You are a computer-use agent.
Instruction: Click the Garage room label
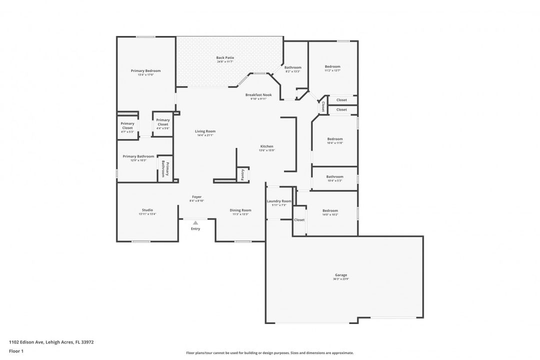340,275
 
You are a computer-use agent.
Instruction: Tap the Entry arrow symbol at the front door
195,222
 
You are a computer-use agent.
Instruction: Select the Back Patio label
225,57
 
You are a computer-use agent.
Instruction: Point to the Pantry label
242,174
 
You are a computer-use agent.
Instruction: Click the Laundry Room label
279,201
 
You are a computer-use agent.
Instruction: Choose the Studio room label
147,210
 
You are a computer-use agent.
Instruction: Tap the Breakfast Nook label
258,94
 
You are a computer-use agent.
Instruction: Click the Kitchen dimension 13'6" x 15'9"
266,150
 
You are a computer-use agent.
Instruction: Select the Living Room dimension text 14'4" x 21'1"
205,135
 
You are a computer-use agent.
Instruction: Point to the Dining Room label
240,210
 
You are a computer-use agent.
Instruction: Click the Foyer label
196,197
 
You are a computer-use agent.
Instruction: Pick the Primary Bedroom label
145,70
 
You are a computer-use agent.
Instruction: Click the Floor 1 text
16,351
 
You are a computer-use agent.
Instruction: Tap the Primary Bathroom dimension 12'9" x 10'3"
138,160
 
